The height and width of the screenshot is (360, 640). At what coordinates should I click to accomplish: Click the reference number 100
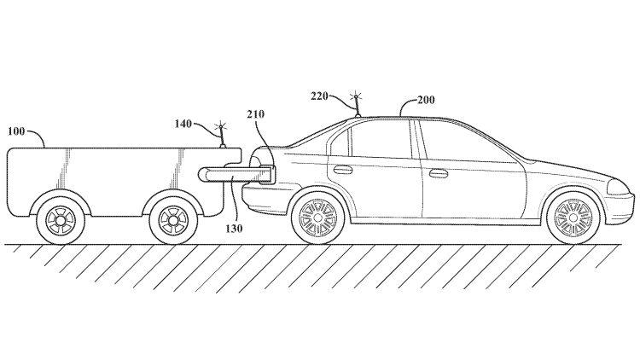coord(17,131)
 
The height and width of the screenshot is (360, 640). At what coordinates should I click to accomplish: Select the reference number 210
coord(256,113)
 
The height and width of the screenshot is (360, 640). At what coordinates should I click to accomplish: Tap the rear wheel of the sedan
coord(320,218)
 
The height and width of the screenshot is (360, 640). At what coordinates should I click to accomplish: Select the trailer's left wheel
coord(61,218)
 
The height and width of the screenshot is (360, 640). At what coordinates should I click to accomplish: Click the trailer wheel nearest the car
coord(168,218)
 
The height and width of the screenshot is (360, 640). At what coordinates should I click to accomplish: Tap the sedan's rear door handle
coord(343,169)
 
